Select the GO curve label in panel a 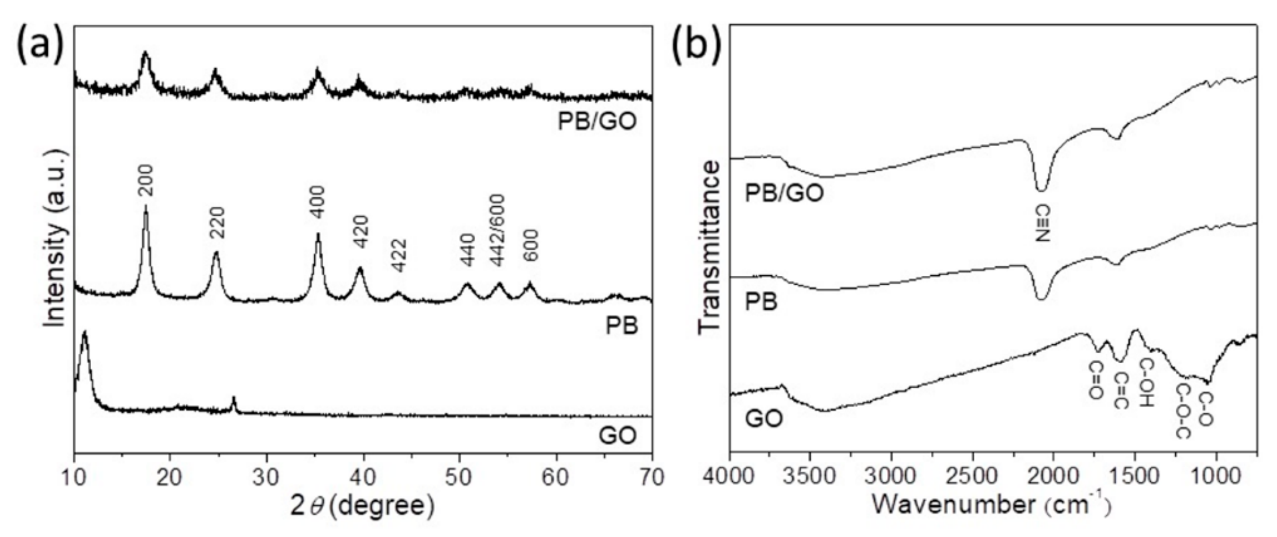click(x=617, y=436)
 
